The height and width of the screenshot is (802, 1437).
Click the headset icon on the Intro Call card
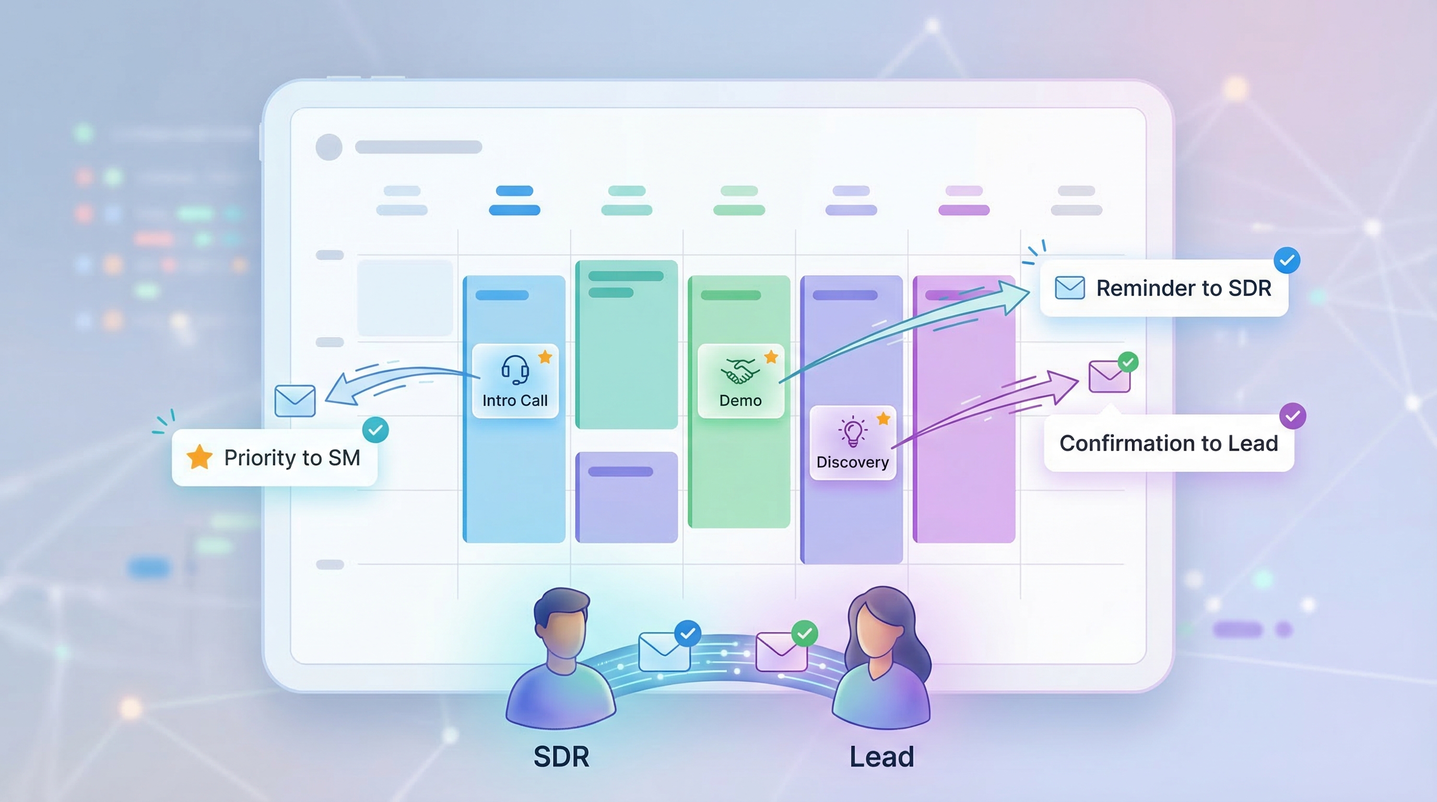pyautogui.click(x=515, y=369)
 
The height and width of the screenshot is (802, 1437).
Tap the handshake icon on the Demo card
pyautogui.click(x=739, y=370)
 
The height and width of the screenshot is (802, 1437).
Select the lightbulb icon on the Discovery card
pyautogui.click(x=852, y=432)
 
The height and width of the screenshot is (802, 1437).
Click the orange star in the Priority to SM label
pyautogui.click(x=199, y=457)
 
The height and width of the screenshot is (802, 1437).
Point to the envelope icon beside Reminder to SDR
pyautogui.click(x=1069, y=288)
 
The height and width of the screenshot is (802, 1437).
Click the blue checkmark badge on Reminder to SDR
pyautogui.click(x=1287, y=261)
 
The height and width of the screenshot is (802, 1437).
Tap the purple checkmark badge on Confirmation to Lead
pyautogui.click(x=1292, y=416)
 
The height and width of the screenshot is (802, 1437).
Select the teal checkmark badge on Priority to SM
pyautogui.click(x=375, y=430)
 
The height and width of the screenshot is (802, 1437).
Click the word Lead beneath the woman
pyautogui.click(x=881, y=757)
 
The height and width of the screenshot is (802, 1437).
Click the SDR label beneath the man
pyautogui.click(x=561, y=757)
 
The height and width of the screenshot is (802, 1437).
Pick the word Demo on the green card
pyautogui.click(x=740, y=400)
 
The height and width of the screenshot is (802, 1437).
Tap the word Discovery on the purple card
pyautogui.click(x=852, y=462)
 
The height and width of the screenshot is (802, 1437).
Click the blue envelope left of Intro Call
pyautogui.click(x=295, y=400)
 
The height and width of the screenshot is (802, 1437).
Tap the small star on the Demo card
pyautogui.click(x=771, y=357)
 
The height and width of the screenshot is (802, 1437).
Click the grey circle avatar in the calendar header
pyautogui.click(x=329, y=147)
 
